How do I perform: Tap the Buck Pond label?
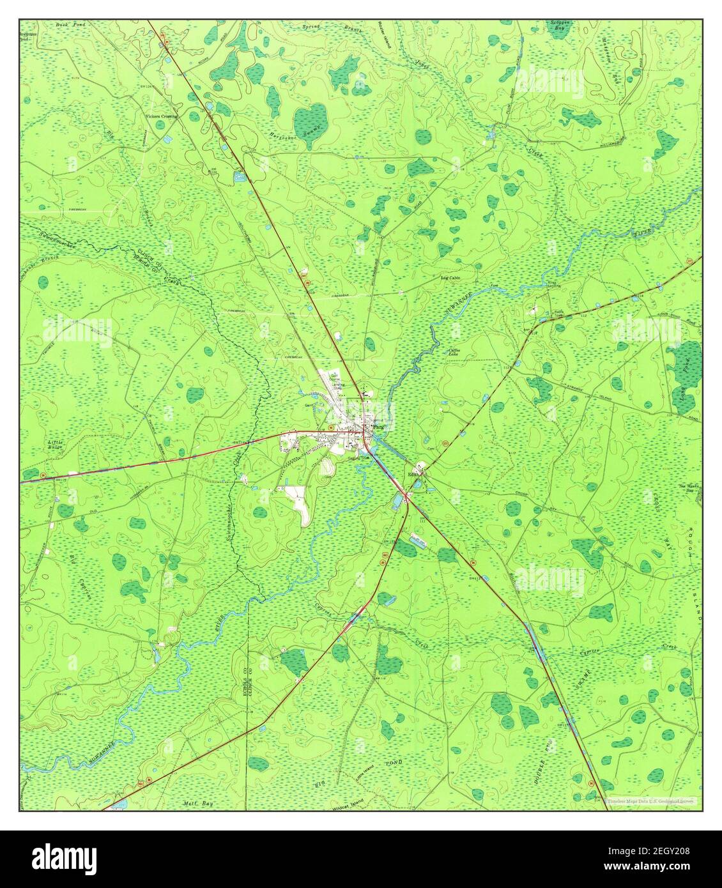tap(66, 26)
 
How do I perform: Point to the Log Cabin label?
tap(450, 278)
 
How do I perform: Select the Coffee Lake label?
tap(454, 352)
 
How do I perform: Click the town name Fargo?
tap(380, 427)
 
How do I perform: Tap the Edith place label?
tap(416, 474)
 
